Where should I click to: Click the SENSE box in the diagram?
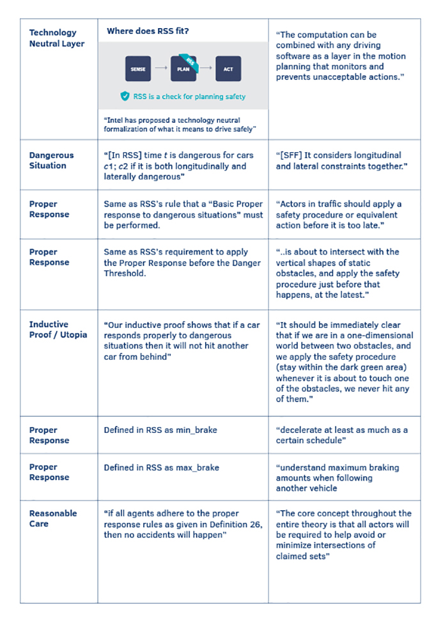click(138, 68)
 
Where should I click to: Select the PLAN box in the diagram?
click(183, 68)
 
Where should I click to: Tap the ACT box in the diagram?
click(228, 68)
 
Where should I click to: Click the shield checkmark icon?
click(125, 97)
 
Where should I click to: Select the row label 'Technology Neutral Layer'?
click(53, 38)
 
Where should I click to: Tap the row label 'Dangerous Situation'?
click(52, 160)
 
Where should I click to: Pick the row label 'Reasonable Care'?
click(53, 518)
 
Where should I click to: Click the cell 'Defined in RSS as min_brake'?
click(160, 430)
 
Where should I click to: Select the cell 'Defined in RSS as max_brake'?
click(161, 467)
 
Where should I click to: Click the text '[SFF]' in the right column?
click(289, 155)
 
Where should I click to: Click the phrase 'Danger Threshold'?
click(217, 262)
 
